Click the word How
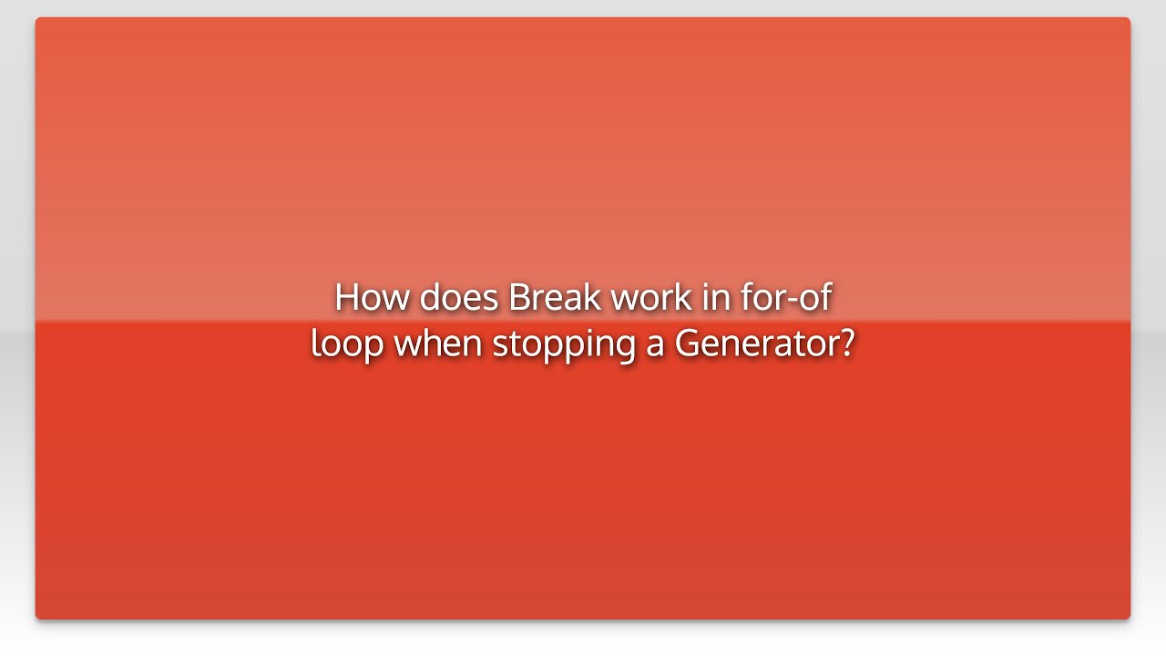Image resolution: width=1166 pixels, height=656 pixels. (x=372, y=297)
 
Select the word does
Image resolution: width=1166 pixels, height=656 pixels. (x=458, y=297)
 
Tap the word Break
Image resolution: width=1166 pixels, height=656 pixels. (x=555, y=297)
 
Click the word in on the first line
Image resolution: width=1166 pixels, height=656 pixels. (x=716, y=298)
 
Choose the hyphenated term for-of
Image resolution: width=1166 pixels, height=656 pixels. (x=786, y=297)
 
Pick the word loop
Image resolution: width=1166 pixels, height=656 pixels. (x=347, y=344)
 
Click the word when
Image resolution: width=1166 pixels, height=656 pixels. (x=438, y=343)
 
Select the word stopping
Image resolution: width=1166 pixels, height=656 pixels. (x=564, y=344)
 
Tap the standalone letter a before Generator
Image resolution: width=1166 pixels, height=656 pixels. (x=655, y=346)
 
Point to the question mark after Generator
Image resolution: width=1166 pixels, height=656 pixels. (x=847, y=343)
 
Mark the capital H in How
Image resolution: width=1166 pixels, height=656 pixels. (x=348, y=297)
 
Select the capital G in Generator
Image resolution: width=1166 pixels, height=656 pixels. (x=688, y=343)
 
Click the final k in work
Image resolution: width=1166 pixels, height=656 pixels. (x=683, y=297)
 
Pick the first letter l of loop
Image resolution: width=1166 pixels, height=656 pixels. (x=315, y=343)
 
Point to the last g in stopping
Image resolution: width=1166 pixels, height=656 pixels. (x=625, y=350)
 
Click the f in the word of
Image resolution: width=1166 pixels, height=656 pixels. (x=825, y=297)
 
